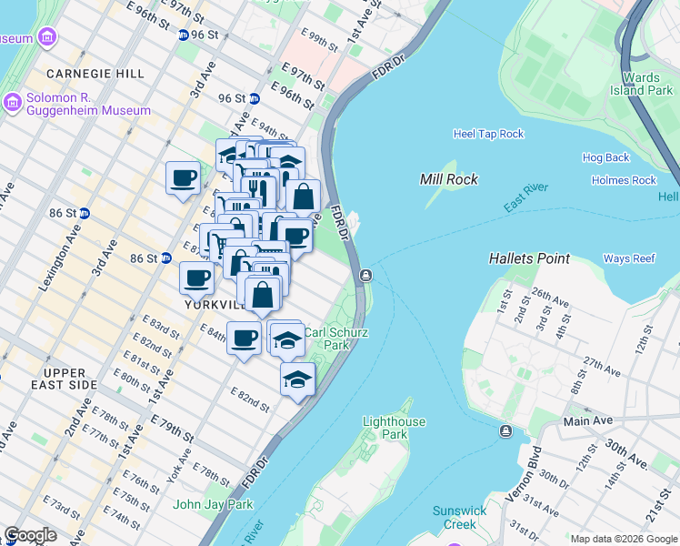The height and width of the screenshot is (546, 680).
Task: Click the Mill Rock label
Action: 449,179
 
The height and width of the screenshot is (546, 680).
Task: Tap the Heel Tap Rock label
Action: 488,134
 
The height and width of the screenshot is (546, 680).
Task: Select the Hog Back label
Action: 605,157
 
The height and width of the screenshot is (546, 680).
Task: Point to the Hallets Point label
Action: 529,258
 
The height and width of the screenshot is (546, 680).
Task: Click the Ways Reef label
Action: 629,258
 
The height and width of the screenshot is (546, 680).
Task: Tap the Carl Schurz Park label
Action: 336,339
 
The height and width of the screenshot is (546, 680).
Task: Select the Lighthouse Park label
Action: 393,428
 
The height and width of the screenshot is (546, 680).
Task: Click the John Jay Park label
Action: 213,504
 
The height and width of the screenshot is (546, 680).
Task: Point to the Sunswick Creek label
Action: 460,517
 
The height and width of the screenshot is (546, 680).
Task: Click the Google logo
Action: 30,534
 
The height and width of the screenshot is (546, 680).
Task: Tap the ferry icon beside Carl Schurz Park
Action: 365,275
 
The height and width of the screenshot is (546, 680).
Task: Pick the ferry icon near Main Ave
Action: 505,430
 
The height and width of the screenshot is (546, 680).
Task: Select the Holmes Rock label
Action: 623,180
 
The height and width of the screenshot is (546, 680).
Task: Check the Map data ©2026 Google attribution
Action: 623,539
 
